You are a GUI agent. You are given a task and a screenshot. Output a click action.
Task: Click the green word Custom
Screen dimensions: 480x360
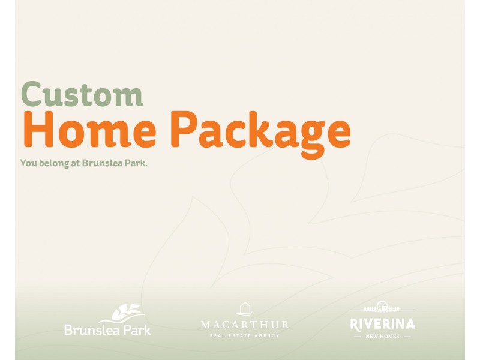pos(82,94)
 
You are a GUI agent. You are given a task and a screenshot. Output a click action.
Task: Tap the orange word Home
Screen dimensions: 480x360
pos(90,129)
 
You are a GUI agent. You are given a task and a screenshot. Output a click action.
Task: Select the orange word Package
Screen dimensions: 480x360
pos(260,134)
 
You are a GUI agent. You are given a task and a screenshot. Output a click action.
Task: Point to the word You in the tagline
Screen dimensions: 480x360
pos(29,163)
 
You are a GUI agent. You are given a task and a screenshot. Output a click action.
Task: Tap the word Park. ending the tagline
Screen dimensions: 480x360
pos(137,163)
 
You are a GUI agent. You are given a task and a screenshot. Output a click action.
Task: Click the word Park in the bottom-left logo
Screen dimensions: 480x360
pos(137,330)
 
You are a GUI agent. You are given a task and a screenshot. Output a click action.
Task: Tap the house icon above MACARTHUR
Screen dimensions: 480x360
pos(245,309)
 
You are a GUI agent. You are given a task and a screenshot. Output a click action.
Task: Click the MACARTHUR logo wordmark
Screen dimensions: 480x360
pos(245,325)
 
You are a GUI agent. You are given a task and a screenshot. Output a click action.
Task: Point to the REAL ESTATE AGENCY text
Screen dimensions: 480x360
pos(245,335)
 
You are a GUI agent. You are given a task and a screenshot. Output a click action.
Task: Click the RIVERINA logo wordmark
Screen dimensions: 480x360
pos(382,324)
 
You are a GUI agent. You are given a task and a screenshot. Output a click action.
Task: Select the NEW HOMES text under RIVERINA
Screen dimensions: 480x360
pos(382,336)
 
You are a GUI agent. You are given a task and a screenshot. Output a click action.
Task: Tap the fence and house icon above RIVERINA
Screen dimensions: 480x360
pos(382,307)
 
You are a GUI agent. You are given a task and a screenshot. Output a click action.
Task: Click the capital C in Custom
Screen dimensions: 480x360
pos(32,94)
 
